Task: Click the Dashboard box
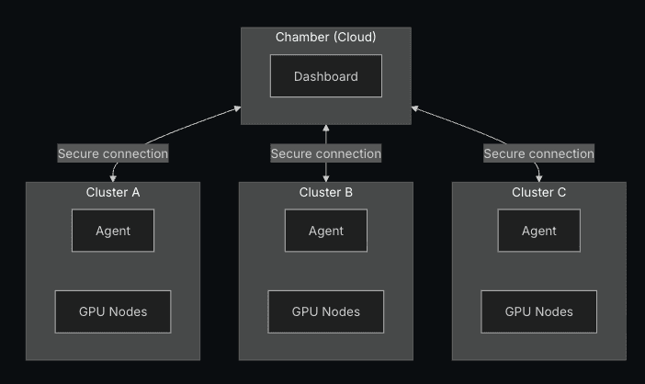coord(325,76)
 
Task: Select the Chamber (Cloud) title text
coord(325,37)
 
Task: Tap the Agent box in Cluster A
coord(113,231)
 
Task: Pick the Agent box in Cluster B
coord(325,231)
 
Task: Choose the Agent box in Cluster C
coord(538,231)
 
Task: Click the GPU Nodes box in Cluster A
coord(113,311)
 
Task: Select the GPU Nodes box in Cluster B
coord(325,311)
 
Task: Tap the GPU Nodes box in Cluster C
coord(538,311)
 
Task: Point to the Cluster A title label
coord(113,192)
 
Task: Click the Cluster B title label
coord(325,192)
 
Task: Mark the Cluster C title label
coord(538,192)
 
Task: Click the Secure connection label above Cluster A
coord(113,153)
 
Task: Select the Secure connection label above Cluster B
coord(325,153)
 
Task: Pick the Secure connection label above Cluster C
coord(538,153)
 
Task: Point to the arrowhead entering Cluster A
coord(114,177)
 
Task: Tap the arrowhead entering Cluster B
coord(325,177)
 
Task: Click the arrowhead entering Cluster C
coord(539,177)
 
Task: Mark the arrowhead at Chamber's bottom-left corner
coord(237,109)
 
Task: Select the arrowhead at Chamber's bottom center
coord(325,129)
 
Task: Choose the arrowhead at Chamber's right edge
coord(415,108)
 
